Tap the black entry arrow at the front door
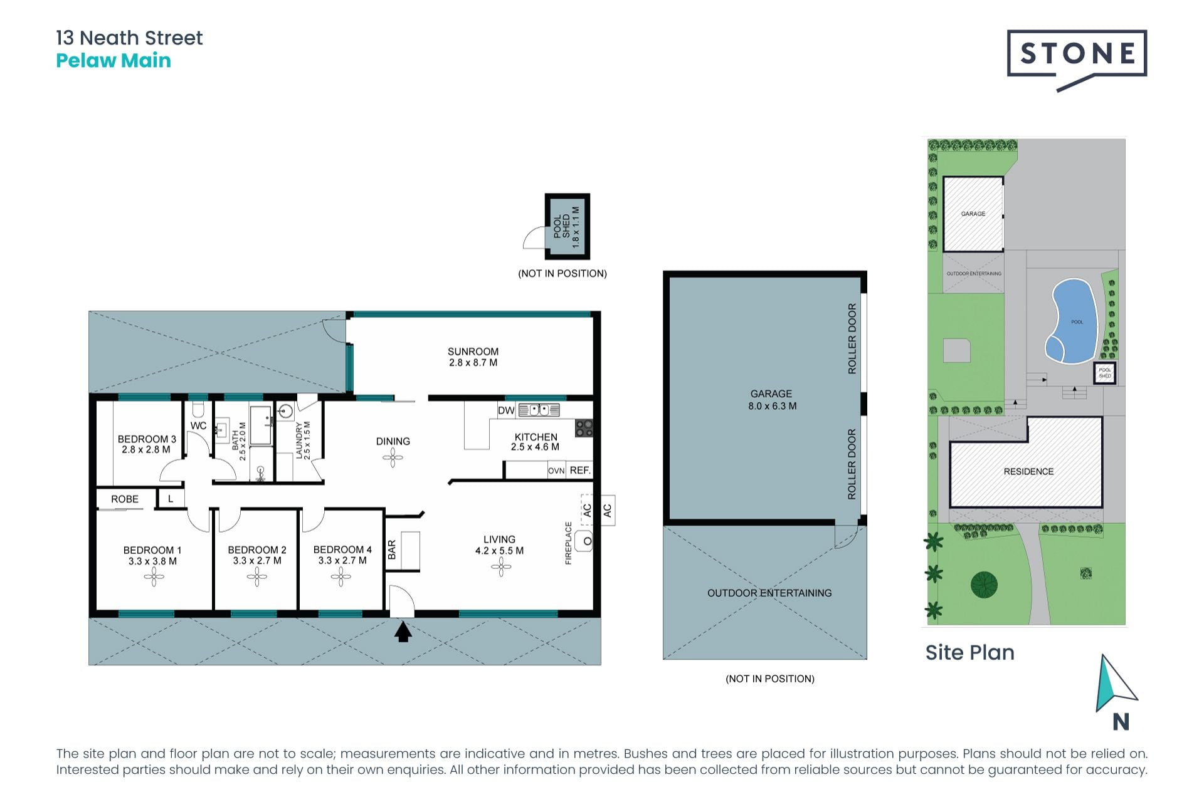[x=403, y=632]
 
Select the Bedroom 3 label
[x=147, y=444]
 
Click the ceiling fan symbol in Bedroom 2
[x=256, y=577]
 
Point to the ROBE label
[x=125, y=499]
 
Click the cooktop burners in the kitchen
[x=584, y=428]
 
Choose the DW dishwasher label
[x=506, y=411]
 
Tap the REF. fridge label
[x=579, y=471]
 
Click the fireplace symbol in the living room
[x=586, y=541]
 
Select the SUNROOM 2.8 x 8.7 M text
[x=473, y=357]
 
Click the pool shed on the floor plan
[x=567, y=226]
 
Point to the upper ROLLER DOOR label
[x=852, y=339]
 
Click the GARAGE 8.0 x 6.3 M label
[x=771, y=400]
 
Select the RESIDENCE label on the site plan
[x=1028, y=471]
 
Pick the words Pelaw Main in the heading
[x=114, y=61]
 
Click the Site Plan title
[x=969, y=653]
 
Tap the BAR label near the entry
[x=392, y=550]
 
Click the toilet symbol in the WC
[x=198, y=410]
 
